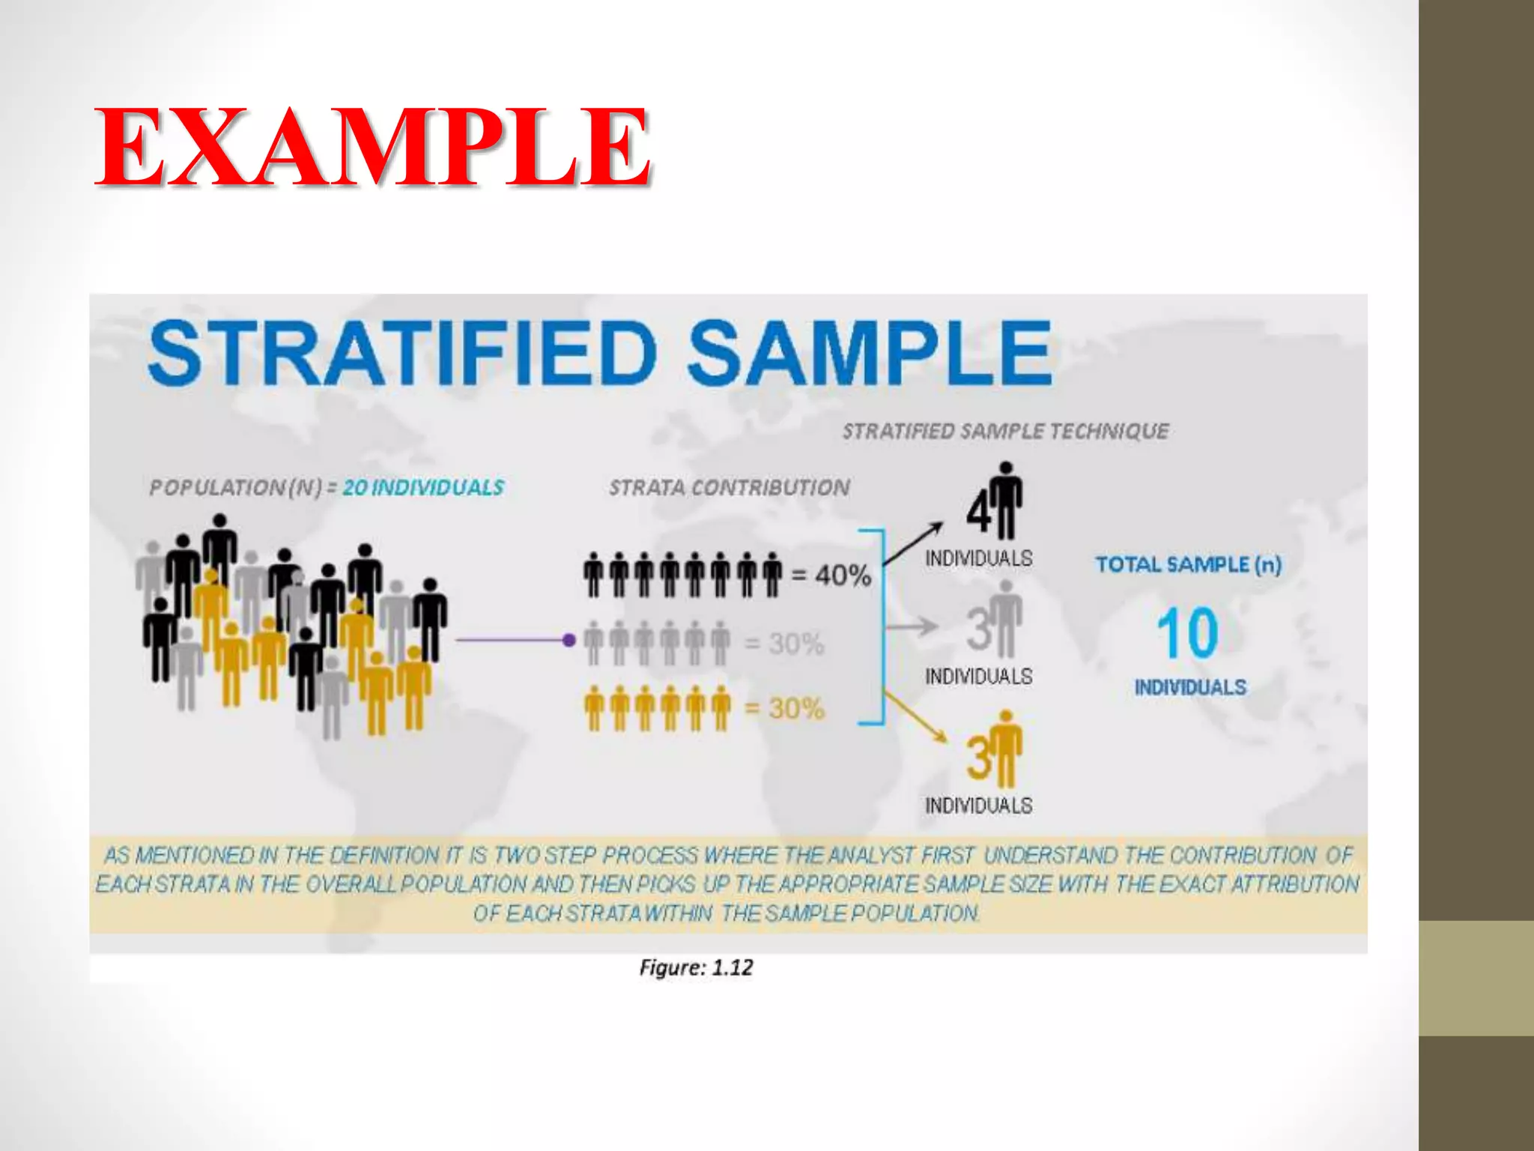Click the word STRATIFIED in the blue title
click(402, 353)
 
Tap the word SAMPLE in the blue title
click(870, 353)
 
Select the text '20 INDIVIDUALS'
click(423, 488)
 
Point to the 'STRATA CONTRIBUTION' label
click(729, 488)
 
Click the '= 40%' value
click(831, 575)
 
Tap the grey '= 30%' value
click(784, 643)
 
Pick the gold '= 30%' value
click(784, 708)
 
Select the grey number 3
click(979, 629)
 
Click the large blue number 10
click(1188, 634)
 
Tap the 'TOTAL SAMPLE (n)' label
click(1189, 564)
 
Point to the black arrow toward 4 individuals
click(914, 543)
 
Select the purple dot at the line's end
click(569, 640)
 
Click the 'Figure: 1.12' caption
click(696, 967)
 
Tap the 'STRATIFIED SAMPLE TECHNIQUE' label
click(1005, 431)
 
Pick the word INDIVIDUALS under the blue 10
click(1190, 687)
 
